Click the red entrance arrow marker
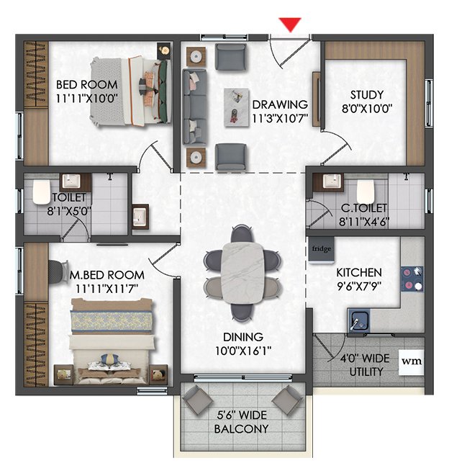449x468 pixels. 290,24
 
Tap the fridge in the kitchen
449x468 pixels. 322,250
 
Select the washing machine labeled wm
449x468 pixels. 412,361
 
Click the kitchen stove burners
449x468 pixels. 412,279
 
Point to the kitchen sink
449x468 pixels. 358,320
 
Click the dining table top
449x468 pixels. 242,273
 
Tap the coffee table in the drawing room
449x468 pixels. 237,107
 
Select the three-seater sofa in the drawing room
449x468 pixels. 194,107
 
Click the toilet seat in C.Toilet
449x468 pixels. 366,192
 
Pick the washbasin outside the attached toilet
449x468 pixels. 140,217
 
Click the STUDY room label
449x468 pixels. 367,94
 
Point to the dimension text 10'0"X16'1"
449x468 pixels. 243,351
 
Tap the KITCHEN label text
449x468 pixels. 359,272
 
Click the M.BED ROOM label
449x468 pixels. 106,275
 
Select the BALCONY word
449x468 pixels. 242,429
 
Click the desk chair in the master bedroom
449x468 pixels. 58,272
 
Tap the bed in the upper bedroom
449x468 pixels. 131,91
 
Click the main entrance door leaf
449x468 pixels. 294,50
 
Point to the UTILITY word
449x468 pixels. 366,372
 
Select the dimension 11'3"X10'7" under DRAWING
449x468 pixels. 280,119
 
